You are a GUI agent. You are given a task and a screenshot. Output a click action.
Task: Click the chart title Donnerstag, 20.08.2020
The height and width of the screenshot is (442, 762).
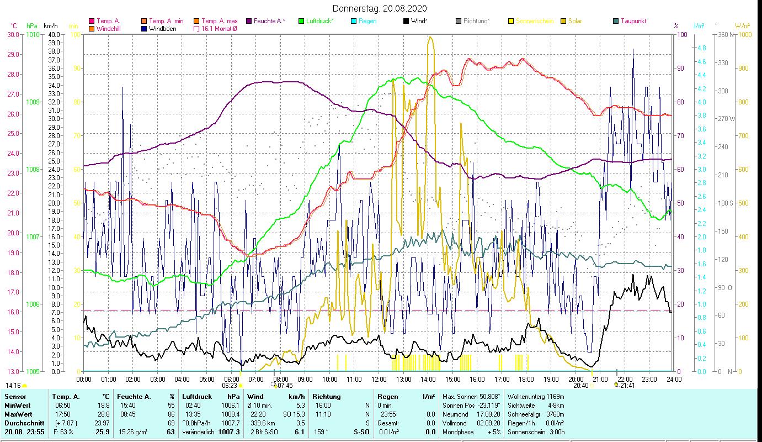380,9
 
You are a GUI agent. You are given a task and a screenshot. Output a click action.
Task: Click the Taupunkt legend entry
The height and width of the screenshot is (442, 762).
633,21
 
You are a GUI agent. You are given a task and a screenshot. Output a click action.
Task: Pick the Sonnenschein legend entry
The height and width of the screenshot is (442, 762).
534,21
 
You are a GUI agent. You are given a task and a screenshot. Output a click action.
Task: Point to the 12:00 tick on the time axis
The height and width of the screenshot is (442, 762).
379,379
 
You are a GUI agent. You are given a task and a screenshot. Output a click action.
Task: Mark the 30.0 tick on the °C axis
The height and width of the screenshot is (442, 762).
13,34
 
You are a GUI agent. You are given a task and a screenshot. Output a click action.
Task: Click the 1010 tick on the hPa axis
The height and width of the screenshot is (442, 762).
33,34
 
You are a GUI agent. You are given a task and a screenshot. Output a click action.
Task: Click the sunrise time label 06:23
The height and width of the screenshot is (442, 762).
230,386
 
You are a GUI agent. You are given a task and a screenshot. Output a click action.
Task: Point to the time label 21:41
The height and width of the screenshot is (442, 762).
627,386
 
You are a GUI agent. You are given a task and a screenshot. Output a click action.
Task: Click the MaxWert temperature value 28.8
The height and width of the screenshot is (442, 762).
103,414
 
